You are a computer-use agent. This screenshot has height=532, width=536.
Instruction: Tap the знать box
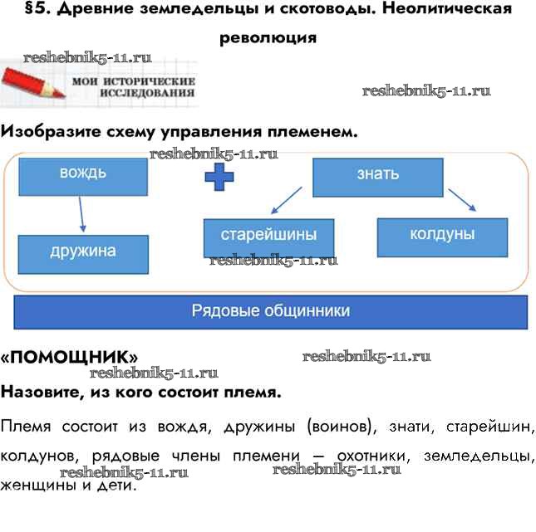378,176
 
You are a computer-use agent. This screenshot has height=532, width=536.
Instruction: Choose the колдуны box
441,236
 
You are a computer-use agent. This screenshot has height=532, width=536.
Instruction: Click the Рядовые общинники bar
271,311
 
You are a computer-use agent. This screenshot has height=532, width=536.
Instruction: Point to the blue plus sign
219,177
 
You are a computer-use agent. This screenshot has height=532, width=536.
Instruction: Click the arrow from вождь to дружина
81,214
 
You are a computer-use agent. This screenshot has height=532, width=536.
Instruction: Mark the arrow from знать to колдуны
462,201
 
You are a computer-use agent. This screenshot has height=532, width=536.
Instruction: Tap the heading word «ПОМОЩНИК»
69,358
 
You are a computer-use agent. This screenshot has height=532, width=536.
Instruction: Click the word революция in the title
268,37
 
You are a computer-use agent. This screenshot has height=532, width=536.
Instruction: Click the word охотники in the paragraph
373,457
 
